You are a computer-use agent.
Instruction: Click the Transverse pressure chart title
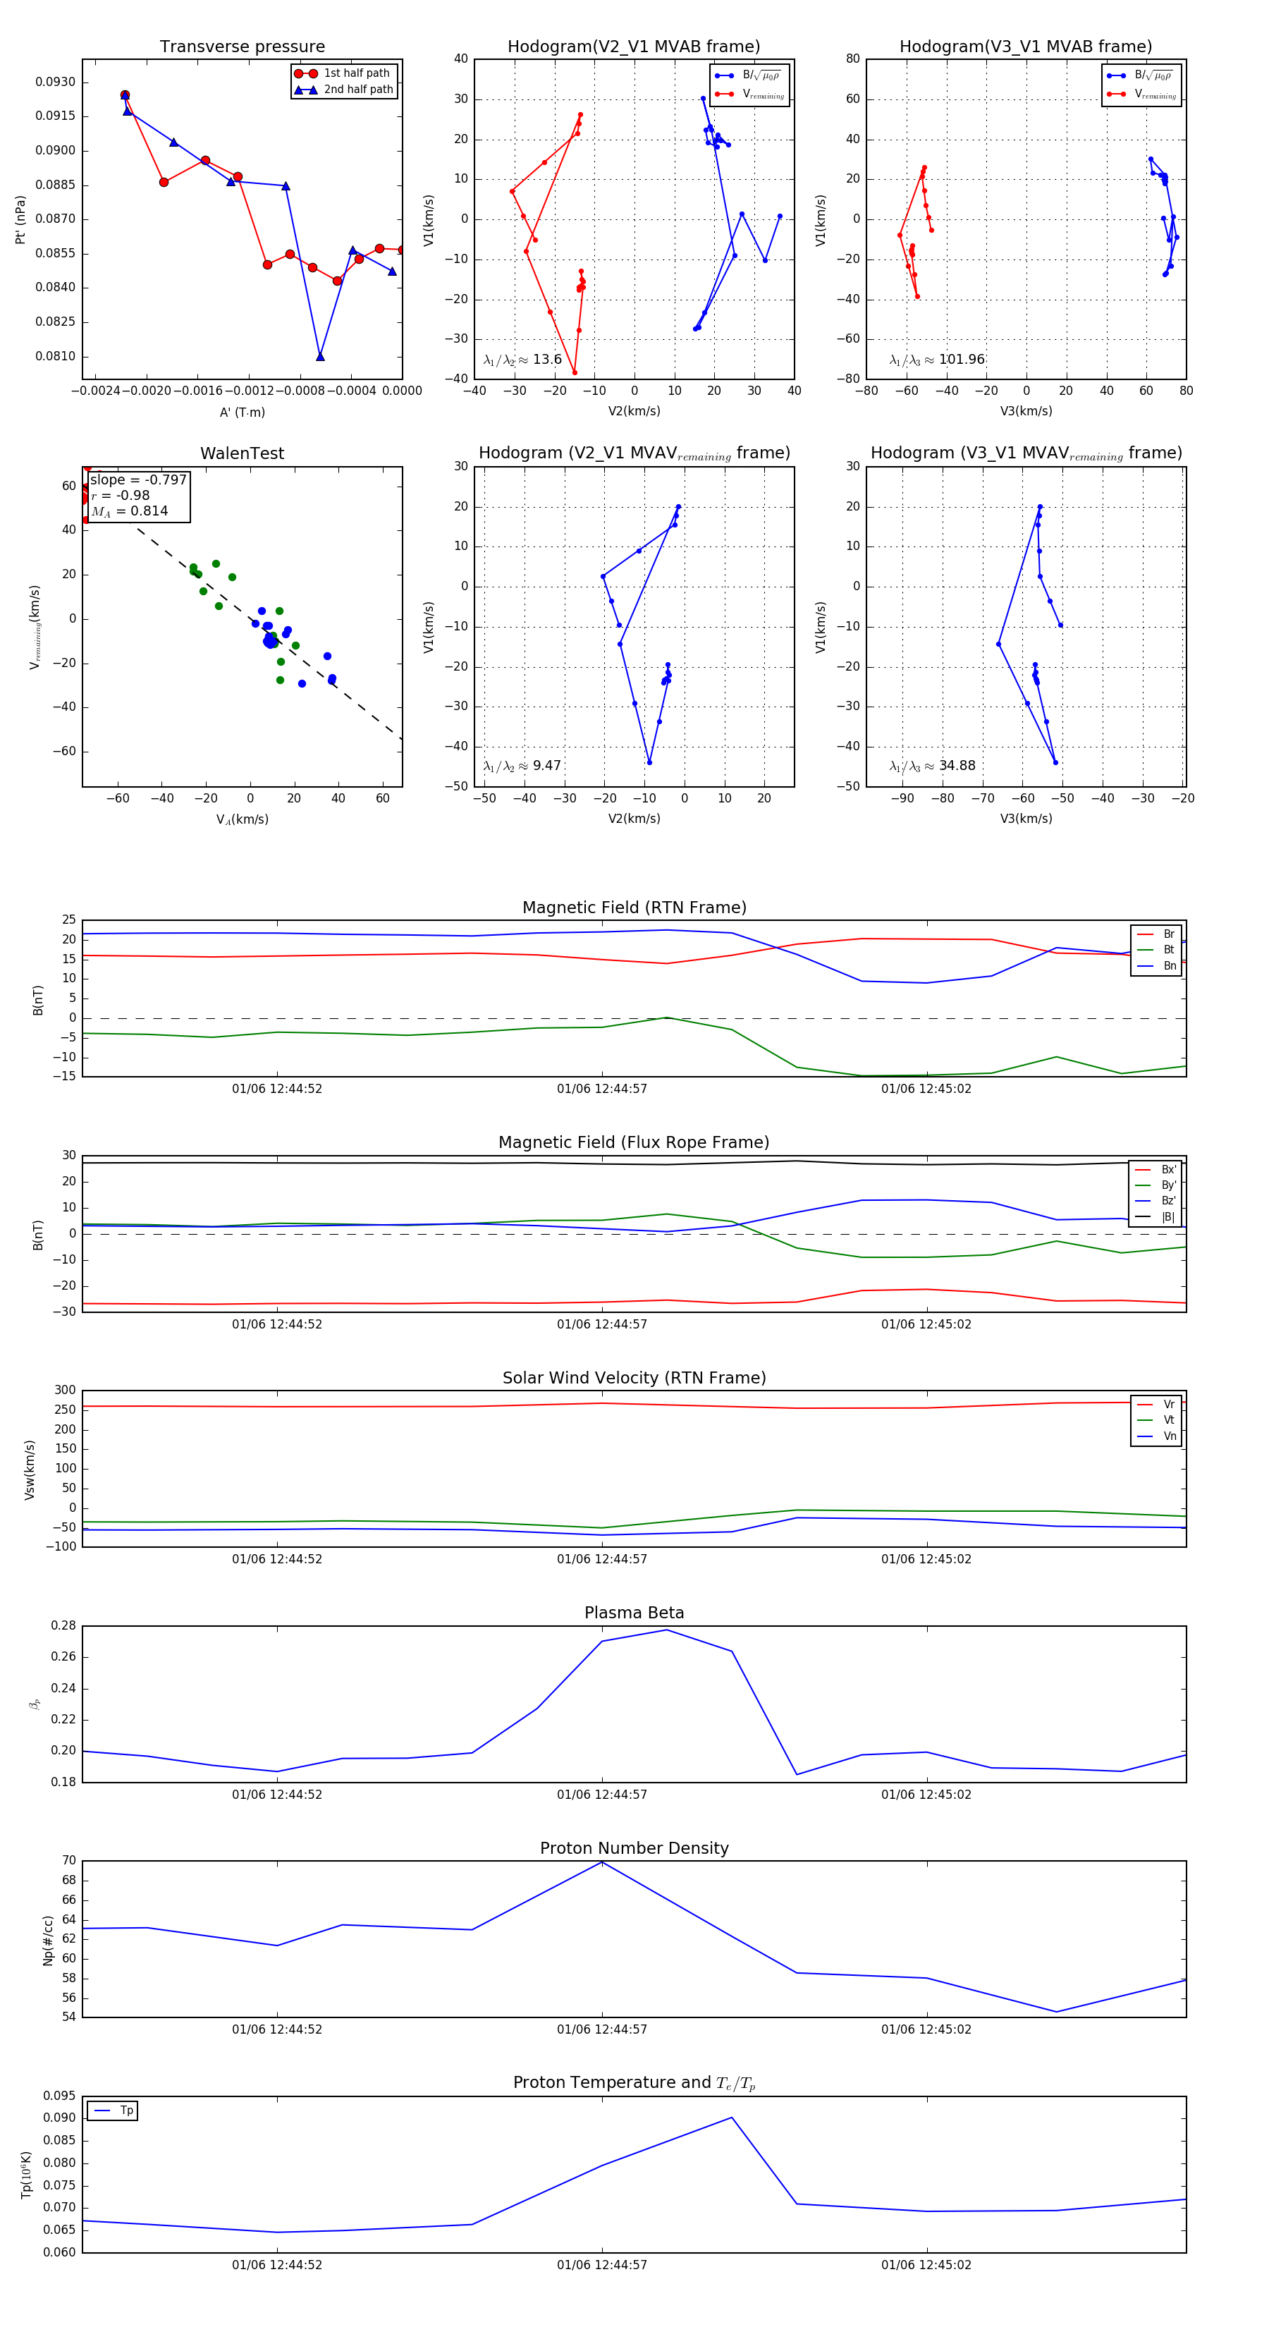pos(242,47)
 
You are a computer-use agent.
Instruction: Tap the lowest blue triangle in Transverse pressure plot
pos(321,357)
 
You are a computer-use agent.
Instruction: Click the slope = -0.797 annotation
pos(138,480)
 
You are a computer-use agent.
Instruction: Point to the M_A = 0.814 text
pos(129,511)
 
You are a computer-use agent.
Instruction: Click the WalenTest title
pos(242,453)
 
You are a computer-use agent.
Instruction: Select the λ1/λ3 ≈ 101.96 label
pos(937,360)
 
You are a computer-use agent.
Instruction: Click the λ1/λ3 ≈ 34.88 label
pos(932,766)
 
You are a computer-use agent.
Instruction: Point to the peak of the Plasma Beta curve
pos(666,1630)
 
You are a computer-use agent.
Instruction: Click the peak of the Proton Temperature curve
pos(732,2118)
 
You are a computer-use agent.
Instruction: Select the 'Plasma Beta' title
pos(634,1613)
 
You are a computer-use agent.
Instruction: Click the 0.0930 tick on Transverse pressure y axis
pos(56,83)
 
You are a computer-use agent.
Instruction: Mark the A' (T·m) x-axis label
pos(242,413)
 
